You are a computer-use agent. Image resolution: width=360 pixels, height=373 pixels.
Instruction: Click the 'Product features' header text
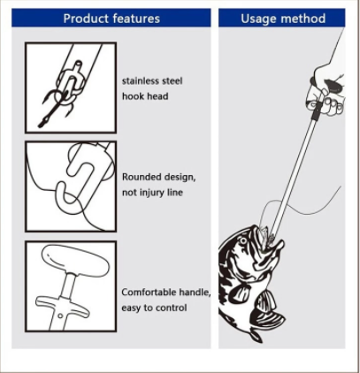point(111,19)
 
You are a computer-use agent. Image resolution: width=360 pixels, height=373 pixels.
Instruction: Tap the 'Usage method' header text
point(283,19)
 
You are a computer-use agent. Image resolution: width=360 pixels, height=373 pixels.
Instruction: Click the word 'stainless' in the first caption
point(141,81)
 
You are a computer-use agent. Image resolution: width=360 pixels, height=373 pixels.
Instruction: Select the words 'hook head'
point(145,96)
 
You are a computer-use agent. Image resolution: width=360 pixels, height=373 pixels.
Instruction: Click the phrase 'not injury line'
point(152,193)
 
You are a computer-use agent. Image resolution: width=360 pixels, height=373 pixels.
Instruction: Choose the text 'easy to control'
point(154,308)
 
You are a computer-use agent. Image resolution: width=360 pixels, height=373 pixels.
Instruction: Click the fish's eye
point(243,241)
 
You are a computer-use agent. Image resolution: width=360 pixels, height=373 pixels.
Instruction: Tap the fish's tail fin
point(256,335)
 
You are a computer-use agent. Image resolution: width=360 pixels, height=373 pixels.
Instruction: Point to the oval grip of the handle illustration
point(75,261)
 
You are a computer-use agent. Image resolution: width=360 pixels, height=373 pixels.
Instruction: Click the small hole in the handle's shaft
point(60,316)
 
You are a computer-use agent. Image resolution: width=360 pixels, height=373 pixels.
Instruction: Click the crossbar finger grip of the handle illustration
point(62,306)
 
